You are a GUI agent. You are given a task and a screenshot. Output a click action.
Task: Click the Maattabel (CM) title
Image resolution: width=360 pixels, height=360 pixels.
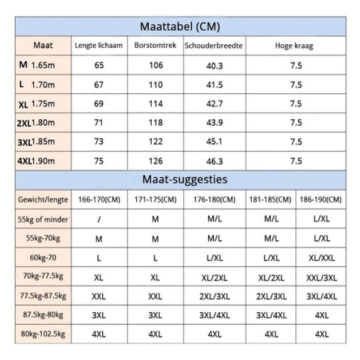click(x=180, y=27)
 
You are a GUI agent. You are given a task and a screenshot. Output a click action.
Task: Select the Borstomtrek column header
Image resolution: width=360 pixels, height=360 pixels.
click(x=155, y=45)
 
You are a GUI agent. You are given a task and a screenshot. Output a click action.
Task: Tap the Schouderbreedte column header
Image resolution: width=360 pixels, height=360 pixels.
click(x=214, y=45)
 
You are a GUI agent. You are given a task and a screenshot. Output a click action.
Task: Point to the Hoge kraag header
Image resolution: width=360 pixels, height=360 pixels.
click(x=294, y=46)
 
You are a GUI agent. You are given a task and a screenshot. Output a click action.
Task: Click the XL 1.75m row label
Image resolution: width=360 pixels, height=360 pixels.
click(x=37, y=104)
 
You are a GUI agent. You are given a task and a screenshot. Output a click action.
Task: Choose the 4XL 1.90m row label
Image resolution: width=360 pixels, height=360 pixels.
click(x=36, y=161)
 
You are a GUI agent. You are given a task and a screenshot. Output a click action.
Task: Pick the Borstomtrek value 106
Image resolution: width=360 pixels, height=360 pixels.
click(x=156, y=65)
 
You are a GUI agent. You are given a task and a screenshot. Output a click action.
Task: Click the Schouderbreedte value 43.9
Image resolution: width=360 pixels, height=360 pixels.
click(x=214, y=123)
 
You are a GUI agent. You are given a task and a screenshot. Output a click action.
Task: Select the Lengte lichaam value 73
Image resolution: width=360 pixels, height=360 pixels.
click(x=99, y=142)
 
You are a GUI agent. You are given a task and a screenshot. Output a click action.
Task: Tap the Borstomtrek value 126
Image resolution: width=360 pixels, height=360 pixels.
click(x=155, y=161)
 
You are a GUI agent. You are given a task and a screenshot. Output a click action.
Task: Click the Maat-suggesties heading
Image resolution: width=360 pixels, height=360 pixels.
click(x=185, y=179)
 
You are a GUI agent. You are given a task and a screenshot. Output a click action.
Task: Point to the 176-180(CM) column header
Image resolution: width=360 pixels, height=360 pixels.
click(x=214, y=200)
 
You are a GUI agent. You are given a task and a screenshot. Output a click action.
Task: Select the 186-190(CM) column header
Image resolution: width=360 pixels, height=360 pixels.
click(x=321, y=200)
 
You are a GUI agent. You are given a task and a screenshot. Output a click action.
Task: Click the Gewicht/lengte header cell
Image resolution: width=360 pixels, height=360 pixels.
click(x=43, y=200)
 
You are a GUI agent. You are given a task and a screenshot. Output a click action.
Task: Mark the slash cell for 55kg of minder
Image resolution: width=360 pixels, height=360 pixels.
click(x=99, y=220)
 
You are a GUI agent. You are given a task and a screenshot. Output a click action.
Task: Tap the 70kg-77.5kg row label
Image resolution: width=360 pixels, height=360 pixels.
click(x=43, y=276)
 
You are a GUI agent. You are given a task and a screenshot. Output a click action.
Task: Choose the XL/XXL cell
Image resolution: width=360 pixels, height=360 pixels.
click(x=322, y=258)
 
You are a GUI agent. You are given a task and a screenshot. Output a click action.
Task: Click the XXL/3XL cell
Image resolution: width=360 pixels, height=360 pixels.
click(x=322, y=278)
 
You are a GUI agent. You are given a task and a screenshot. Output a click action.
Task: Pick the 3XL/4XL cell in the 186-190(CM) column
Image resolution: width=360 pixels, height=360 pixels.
click(x=322, y=296)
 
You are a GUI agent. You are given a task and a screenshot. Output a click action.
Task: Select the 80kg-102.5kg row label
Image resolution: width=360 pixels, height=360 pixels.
click(x=43, y=334)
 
